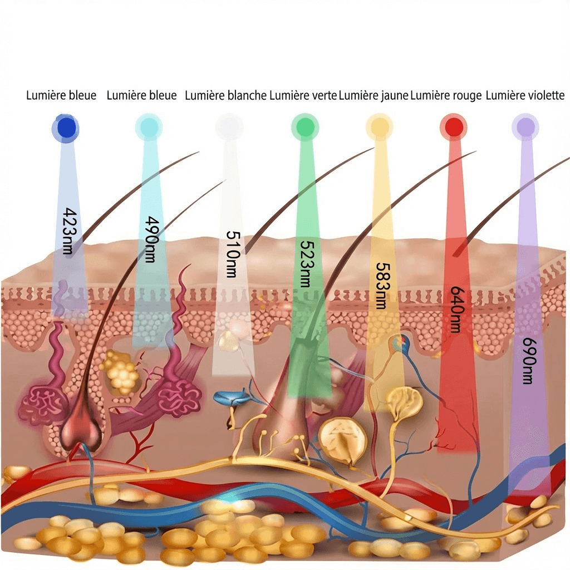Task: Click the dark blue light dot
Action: (x=66, y=128)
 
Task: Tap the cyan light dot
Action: (x=149, y=127)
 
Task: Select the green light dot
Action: (x=305, y=127)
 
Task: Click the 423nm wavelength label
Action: (x=69, y=231)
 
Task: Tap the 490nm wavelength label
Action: (x=151, y=239)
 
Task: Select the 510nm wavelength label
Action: (x=233, y=254)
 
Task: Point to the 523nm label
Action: (x=306, y=263)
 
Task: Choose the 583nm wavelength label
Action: (x=382, y=286)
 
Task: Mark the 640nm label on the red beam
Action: (x=457, y=309)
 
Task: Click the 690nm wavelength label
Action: (x=529, y=361)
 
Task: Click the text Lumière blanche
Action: (x=226, y=96)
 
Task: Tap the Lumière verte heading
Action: (x=303, y=96)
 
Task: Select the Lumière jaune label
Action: (x=374, y=96)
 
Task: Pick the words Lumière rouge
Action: (x=446, y=96)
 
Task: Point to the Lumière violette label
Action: (x=525, y=96)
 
